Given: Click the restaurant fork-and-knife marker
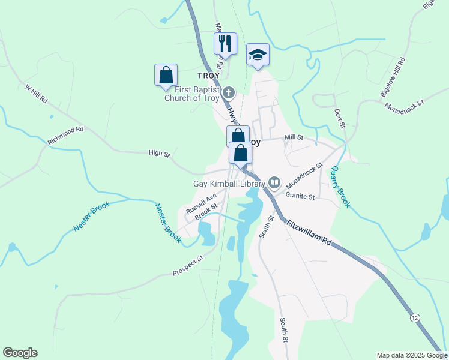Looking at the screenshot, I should pos(226,44).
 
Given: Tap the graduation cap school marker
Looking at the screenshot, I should pos(258,55).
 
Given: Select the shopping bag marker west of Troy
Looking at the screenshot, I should pos(166,75).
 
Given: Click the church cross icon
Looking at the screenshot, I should pos(228,93).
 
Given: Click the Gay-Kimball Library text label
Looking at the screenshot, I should pos(228,184).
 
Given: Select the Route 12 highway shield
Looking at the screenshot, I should pos(415,317).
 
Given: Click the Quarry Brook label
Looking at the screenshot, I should pos(340,187).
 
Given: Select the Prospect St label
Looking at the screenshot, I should pos(188,264).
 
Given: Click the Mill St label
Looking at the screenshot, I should pos(294,137).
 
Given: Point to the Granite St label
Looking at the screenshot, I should pos(300,196).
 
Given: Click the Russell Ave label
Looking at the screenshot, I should pos(200,204).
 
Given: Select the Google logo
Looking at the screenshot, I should pos(20,353).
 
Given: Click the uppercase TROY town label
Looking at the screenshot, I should pos(209,76).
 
